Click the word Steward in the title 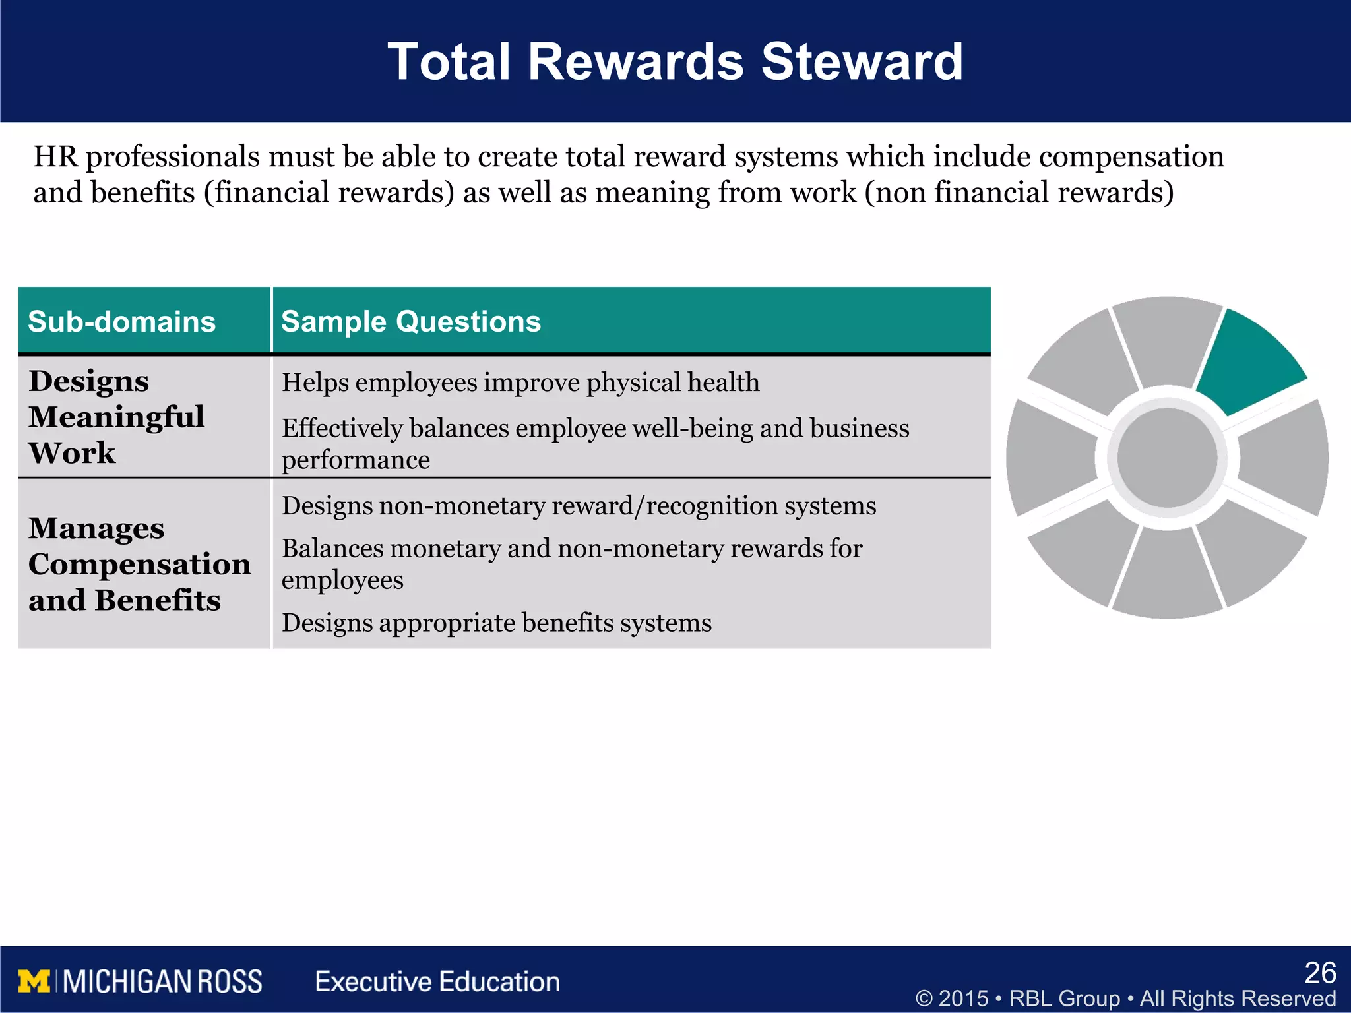[x=862, y=62]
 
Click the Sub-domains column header [x=122, y=322]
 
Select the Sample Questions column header [x=410, y=322]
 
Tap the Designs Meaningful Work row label [x=116, y=417]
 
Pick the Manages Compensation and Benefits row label [x=139, y=564]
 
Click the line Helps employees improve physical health [x=520, y=383]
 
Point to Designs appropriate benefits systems [x=496, y=623]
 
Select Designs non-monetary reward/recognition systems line [x=579, y=506]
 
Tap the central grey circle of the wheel [x=1167, y=458]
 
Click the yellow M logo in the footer [x=34, y=981]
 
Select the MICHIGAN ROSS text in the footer [x=162, y=981]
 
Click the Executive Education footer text [x=437, y=981]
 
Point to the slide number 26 [x=1320, y=973]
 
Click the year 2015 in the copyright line [x=963, y=998]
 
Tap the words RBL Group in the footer [x=1064, y=998]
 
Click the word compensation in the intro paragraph [x=1131, y=157]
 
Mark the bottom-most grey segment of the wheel [x=1167, y=577]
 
